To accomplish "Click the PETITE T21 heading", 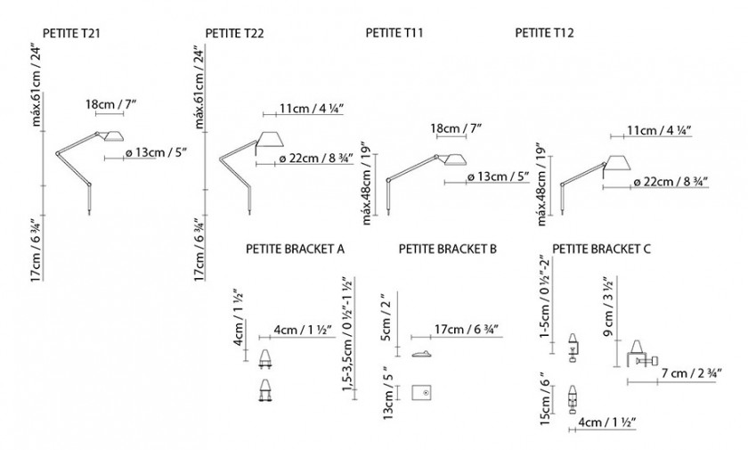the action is pos(71,33).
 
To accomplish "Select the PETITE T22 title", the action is pos(234,33).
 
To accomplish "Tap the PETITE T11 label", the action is pos(394,32).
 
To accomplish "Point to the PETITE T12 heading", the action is pos(544,32).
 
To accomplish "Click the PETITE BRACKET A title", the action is pos(295,250).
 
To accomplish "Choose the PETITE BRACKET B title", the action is pos(447,250).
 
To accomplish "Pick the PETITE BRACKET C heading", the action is pos(601,250).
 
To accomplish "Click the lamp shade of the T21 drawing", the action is pos(113,135).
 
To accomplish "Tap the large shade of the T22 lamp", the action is pos(271,138).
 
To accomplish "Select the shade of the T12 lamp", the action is pos(617,162).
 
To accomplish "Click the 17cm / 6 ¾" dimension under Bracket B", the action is pos(467,330).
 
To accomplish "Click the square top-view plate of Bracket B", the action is pos(422,393).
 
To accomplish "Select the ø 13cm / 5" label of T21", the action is pos(155,152).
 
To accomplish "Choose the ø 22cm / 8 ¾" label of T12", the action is pos(671,182).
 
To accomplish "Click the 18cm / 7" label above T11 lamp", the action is pos(456,128).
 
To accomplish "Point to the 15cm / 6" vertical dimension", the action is pos(545,399).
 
